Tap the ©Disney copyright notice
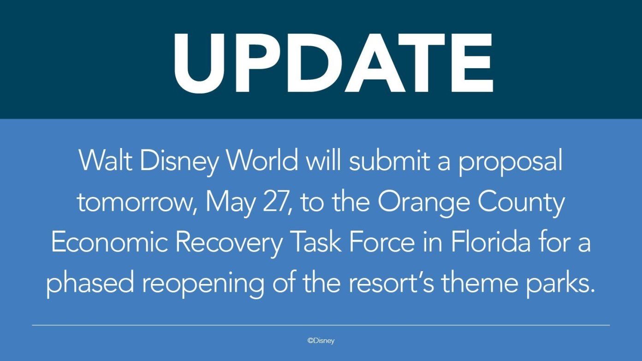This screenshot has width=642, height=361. (321, 341)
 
